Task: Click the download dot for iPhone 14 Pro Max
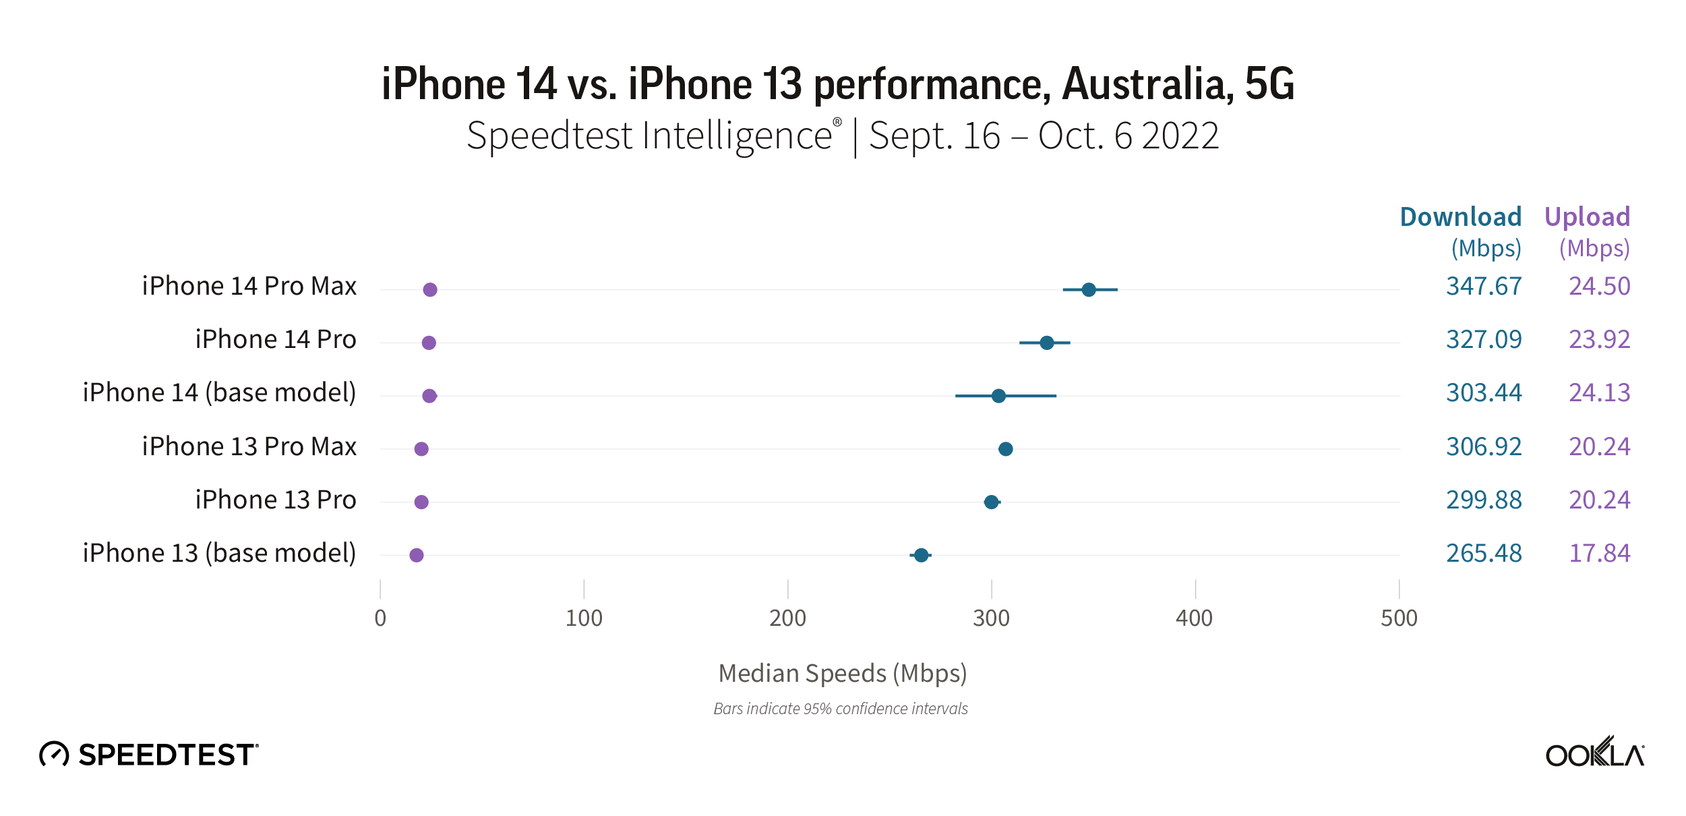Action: [1088, 290]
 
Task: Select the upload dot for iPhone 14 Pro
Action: [429, 343]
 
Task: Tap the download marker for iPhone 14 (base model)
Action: [998, 396]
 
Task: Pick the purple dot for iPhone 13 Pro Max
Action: [421, 449]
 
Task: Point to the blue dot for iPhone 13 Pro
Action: [991, 502]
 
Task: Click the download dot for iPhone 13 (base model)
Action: [921, 555]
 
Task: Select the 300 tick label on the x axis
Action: [991, 618]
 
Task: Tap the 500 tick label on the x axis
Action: [1399, 618]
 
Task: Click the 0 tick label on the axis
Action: [380, 618]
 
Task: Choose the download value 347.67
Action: [1483, 287]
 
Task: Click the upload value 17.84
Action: [1599, 554]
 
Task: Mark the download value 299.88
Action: [1483, 500]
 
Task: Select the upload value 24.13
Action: [1599, 393]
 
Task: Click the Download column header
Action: [1460, 217]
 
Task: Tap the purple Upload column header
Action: [1587, 217]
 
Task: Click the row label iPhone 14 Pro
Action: [275, 340]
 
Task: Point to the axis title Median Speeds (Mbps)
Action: [843, 674]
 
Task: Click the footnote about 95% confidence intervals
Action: [841, 709]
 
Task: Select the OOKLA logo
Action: [1594, 753]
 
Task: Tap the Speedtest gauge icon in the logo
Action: [54, 754]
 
